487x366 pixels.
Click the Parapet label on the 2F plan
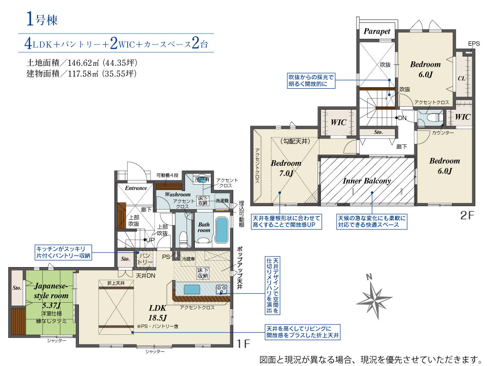click(377, 31)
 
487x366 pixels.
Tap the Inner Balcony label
click(367, 181)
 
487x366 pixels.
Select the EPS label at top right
click(474, 44)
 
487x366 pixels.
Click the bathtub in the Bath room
click(222, 230)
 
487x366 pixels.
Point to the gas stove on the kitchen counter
click(221, 289)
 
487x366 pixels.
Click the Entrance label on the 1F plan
click(136, 188)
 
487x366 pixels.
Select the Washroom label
click(178, 194)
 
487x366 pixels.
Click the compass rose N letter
click(369, 277)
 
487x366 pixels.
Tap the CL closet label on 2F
click(462, 78)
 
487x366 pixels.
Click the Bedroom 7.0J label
click(286, 168)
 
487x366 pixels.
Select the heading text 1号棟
click(42, 19)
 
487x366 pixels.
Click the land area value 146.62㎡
click(83, 63)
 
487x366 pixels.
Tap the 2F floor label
click(467, 215)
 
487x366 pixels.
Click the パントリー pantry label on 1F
click(145, 259)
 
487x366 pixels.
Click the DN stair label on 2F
click(402, 118)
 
